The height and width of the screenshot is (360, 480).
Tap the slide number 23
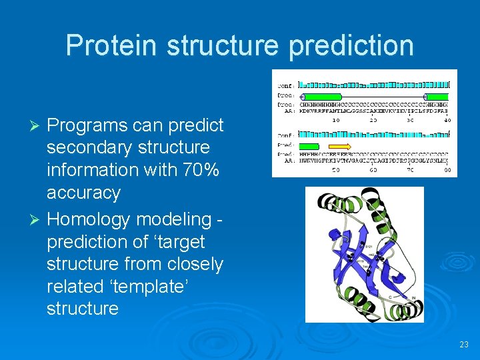[464, 345]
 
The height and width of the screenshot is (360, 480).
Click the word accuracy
[83, 193]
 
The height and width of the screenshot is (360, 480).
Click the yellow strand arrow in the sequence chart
[341, 146]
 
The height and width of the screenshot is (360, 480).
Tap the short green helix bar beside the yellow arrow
[309, 146]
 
